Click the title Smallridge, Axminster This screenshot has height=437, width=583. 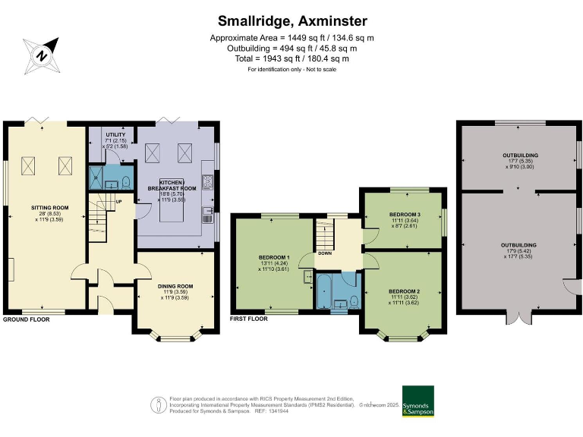click(x=291, y=20)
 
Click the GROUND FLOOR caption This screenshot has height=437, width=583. click(x=27, y=319)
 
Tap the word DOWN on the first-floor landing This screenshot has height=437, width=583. click(x=324, y=254)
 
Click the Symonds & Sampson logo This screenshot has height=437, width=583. click(x=418, y=401)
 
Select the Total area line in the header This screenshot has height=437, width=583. click(x=291, y=58)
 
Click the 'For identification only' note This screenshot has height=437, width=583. click(x=291, y=70)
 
